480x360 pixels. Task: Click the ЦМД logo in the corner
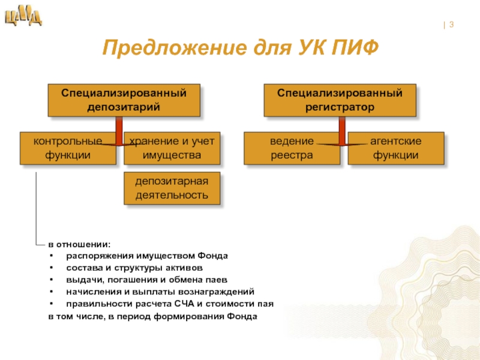[x=23, y=17]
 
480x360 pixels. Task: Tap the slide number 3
[x=451, y=25]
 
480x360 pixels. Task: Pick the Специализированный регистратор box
[x=339, y=100]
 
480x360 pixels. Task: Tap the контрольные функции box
[x=67, y=148]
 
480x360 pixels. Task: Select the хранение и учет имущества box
[x=172, y=148]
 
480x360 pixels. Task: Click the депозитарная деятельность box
[x=172, y=188]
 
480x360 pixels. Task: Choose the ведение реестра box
[x=292, y=148]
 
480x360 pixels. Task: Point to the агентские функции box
[x=395, y=148]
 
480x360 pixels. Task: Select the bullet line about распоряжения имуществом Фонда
[x=148, y=256]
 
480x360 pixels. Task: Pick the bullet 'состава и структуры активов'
[x=134, y=268]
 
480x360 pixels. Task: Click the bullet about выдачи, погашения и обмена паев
[x=147, y=280]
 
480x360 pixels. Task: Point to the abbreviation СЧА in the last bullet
[x=191, y=304]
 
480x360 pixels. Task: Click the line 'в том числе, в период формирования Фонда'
[x=153, y=316]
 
